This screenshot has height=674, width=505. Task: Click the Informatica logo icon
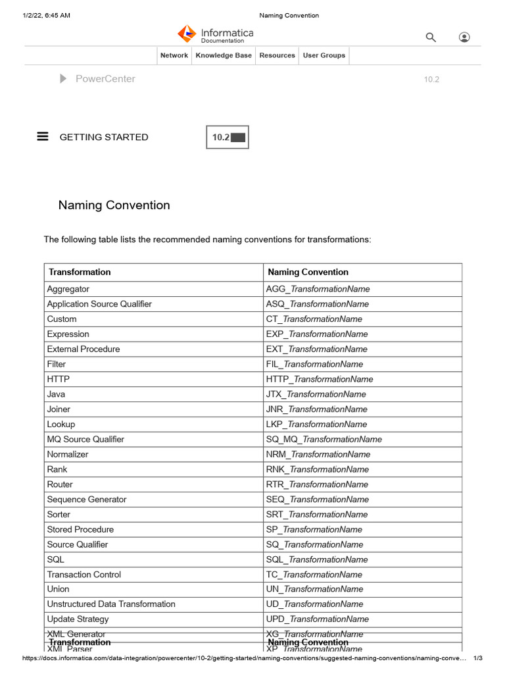click(x=187, y=34)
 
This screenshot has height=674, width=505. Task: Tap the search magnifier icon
click(x=431, y=38)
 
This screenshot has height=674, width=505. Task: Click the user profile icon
click(x=464, y=38)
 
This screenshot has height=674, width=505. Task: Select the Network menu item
click(x=174, y=56)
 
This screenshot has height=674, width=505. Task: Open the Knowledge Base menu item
click(x=224, y=56)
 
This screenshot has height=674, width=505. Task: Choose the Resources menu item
click(x=277, y=56)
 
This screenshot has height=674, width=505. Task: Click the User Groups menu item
click(x=324, y=56)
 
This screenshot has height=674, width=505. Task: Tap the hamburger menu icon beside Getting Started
click(x=43, y=137)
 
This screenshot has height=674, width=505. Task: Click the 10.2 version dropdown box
click(x=228, y=138)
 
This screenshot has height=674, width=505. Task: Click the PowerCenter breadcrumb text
click(x=105, y=79)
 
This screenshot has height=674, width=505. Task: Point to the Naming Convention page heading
click(x=114, y=205)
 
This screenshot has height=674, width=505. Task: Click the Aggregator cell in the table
click(x=68, y=289)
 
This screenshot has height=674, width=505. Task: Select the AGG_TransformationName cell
click(x=318, y=289)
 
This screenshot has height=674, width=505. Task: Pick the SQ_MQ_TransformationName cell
click(x=324, y=440)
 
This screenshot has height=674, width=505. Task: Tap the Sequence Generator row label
click(x=87, y=500)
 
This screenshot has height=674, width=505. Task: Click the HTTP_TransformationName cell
click(x=319, y=379)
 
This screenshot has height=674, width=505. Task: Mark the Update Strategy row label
click(x=78, y=619)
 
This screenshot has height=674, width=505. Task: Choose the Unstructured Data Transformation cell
click(x=111, y=604)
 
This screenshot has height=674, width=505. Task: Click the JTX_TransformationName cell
click(x=316, y=394)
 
